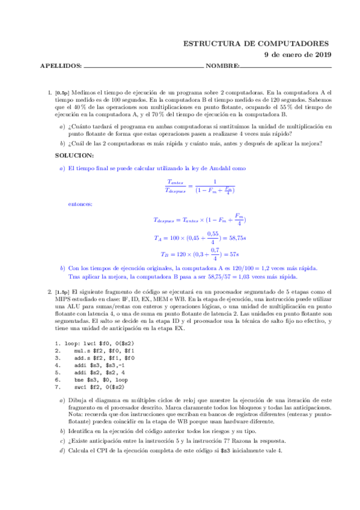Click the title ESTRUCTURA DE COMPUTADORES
click(256, 43)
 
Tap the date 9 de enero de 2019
click(297, 55)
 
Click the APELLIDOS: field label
click(60, 66)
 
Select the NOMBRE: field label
click(223, 66)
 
